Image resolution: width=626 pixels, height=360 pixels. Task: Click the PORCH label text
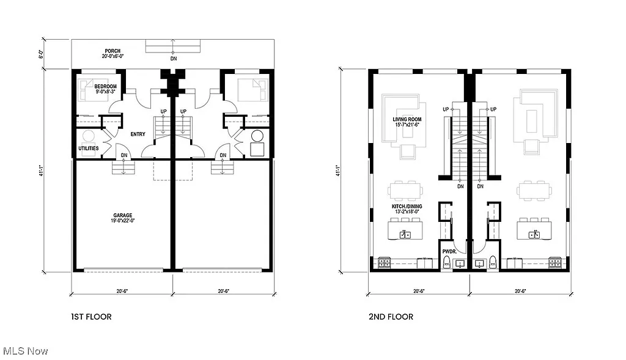click(x=112, y=51)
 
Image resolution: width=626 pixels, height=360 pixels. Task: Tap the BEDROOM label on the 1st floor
click(x=105, y=86)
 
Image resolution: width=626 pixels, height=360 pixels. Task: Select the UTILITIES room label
click(x=88, y=148)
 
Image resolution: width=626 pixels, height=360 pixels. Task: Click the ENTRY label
click(x=138, y=134)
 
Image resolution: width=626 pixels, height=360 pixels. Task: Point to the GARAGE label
click(x=122, y=215)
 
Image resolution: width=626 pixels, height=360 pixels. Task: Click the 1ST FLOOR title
click(x=91, y=317)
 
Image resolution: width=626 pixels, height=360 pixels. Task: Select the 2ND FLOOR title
click(x=391, y=317)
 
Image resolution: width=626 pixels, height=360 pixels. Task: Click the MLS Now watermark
click(x=25, y=351)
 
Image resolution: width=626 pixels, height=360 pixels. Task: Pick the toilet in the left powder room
click(x=446, y=263)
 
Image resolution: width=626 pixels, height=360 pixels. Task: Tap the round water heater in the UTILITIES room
click(x=89, y=136)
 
